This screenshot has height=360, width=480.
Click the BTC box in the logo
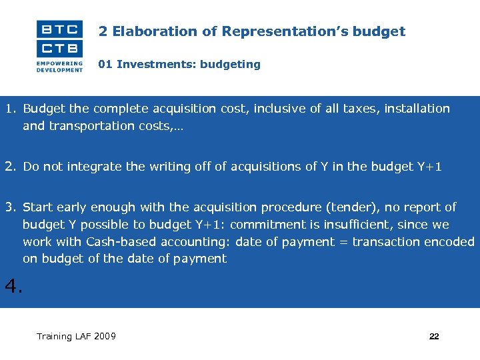(60, 29)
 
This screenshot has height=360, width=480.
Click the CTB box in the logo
(60, 48)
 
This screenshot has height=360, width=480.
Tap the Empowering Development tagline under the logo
(60, 67)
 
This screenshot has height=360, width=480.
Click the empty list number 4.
(13, 287)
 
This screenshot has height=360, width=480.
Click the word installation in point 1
(415, 109)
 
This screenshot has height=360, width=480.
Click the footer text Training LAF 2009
(76, 336)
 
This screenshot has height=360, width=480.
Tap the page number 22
(434, 337)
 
